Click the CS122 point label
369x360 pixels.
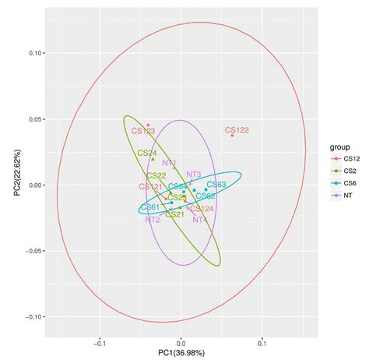[x=237, y=130]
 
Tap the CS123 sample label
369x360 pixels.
[x=143, y=131]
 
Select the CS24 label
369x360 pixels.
[x=146, y=154]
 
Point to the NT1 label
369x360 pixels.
[x=170, y=163]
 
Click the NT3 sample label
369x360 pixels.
[x=194, y=175]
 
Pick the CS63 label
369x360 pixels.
[x=216, y=185]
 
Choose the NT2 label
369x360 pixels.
[x=153, y=220]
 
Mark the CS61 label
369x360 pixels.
[x=150, y=207]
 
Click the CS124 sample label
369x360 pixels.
[x=202, y=209]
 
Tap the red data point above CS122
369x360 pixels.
[x=232, y=136]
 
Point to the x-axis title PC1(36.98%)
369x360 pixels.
[x=181, y=351]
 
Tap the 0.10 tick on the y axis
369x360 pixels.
[x=32, y=54]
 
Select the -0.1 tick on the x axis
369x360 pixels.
[x=100, y=341]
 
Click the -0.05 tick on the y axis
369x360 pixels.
[x=30, y=251]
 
